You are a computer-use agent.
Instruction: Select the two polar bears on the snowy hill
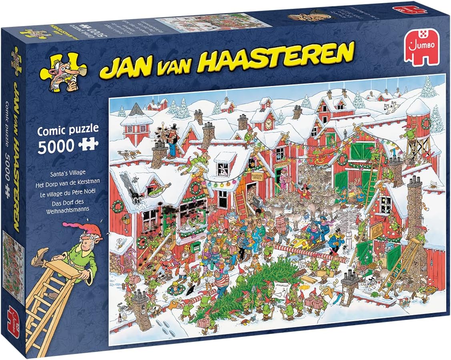click(390, 107)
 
